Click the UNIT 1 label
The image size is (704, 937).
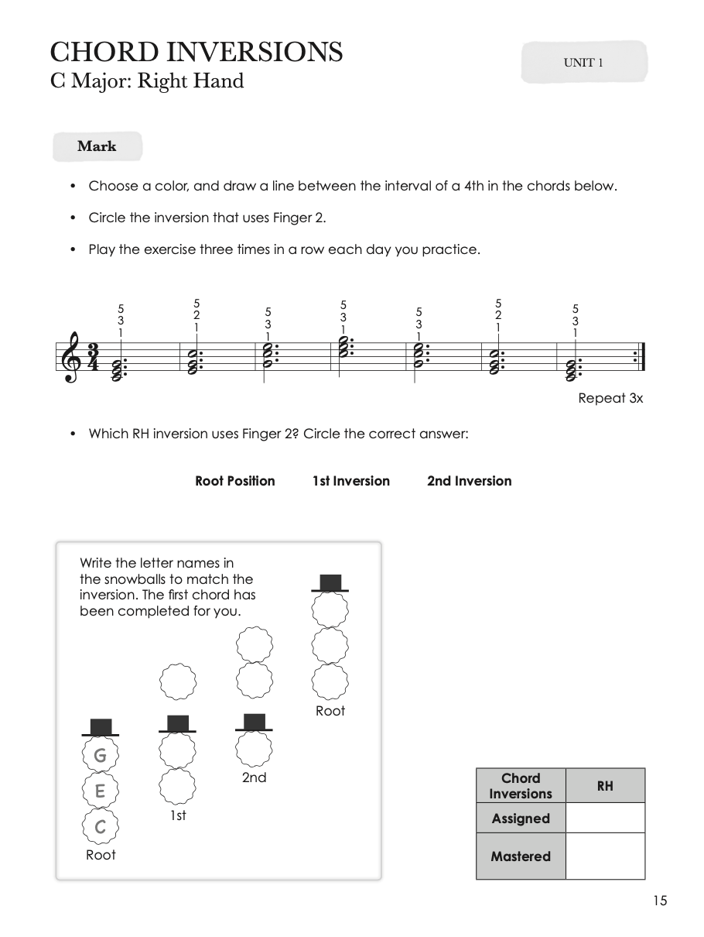(583, 63)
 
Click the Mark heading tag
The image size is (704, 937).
(97, 146)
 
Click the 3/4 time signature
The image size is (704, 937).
(93, 358)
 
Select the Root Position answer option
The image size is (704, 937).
(234, 481)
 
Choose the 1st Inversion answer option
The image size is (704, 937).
(351, 481)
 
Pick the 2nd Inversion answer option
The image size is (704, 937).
(469, 481)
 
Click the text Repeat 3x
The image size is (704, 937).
(610, 399)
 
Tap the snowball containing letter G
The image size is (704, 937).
(100, 755)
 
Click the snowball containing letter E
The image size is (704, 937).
(100, 791)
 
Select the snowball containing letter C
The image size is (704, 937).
(100, 828)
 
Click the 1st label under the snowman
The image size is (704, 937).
(178, 815)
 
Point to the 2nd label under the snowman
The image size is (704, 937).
(254, 777)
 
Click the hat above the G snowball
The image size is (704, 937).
(101, 727)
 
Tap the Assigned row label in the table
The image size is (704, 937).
(521, 819)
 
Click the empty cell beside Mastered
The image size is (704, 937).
(605, 856)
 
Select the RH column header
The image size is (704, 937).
(605, 786)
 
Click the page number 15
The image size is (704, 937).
(659, 900)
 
